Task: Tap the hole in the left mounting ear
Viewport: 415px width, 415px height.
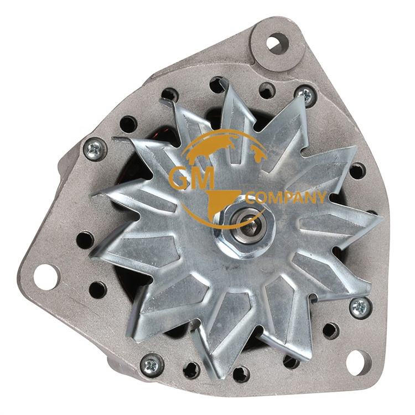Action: [x=46, y=276]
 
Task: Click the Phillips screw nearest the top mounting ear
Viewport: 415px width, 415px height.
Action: [x=305, y=95]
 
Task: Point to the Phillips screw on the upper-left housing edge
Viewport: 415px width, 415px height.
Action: [x=95, y=148]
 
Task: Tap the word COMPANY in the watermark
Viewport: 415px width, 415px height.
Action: [x=286, y=198]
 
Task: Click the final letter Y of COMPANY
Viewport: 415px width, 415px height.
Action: [x=321, y=198]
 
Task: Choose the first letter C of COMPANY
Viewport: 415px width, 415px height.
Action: [x=250, y=198]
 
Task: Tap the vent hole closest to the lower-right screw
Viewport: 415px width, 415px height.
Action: [x=330, y=330]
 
